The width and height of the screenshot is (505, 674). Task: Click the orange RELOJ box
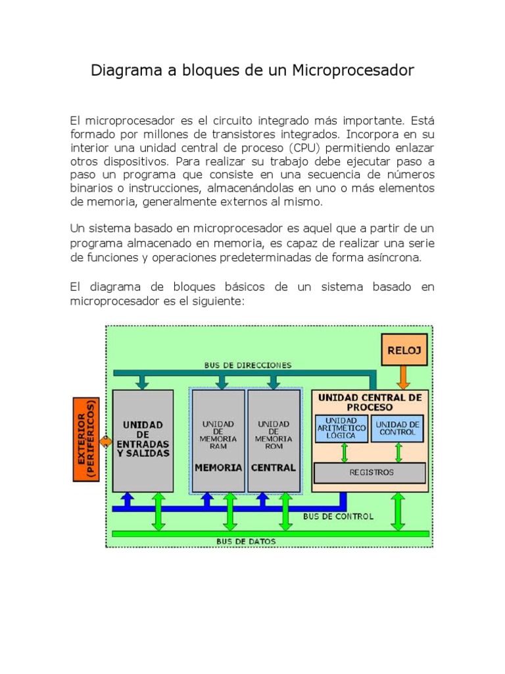coord(404,350)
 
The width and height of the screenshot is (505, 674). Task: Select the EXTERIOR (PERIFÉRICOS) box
coord(85,439)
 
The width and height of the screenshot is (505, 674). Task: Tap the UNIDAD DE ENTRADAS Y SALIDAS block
coord(143,440)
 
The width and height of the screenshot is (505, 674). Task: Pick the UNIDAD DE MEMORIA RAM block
coord(218,440)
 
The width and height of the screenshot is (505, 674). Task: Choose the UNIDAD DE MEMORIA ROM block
coord(274,440)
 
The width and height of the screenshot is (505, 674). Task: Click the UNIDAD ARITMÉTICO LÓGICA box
coord(341,428)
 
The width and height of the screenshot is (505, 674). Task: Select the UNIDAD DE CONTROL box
coord(397,428)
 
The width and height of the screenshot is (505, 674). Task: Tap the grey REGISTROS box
coord(371,473)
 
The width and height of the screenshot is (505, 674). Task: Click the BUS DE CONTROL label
coord(338,517)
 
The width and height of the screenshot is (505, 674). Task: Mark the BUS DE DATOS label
coord(246,542)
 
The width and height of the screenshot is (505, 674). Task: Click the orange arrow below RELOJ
coord(404,377)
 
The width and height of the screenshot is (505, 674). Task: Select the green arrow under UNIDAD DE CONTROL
coord(398,453)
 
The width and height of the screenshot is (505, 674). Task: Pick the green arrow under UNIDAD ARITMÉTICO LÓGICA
coord(343,453)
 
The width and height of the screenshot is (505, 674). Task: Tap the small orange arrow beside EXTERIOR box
coord(105,441)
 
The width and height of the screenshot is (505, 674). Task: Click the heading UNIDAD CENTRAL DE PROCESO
coord(370,402)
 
